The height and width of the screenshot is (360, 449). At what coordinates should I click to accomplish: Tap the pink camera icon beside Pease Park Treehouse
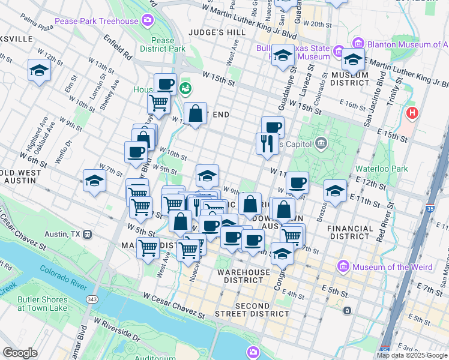147,22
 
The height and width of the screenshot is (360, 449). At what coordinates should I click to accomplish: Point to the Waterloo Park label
381,169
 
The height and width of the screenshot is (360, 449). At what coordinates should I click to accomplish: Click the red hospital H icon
412,112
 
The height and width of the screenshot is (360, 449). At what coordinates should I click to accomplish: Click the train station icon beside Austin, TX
88,233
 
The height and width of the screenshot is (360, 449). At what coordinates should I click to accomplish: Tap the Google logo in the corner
20,353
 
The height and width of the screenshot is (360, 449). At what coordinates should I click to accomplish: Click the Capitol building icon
321,143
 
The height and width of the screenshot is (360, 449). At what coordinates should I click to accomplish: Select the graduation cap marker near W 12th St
39,70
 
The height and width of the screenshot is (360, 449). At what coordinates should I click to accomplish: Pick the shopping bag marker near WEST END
196,112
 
